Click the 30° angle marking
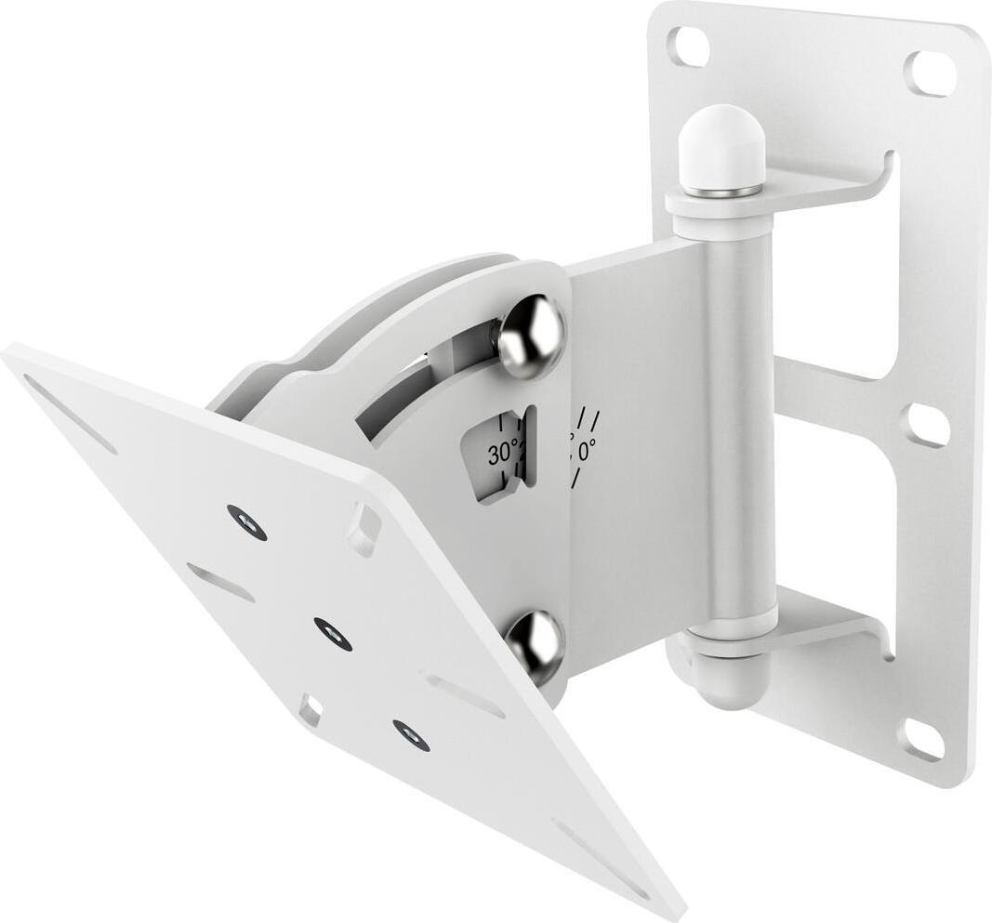point(503,455)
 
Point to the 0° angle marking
point(586,452)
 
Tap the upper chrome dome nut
point(531,336)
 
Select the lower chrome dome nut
point(535,645)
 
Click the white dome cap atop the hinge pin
point(721,149)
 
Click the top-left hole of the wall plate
point(689,46)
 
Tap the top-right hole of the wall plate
point(930,73)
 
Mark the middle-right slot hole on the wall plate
point(927,425)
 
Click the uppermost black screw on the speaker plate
point(246,521)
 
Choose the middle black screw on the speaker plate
point(333,633)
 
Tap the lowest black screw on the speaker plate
point(411,734)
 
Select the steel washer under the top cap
point(721,191)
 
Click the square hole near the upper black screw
point(364,528)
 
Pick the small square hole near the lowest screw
point(310,710)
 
